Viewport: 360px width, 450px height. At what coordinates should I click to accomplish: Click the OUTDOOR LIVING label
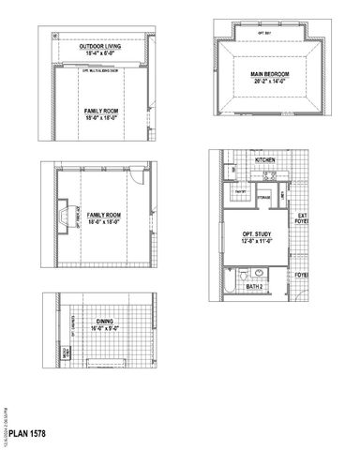98,46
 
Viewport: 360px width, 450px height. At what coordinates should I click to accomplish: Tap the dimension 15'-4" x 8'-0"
98,53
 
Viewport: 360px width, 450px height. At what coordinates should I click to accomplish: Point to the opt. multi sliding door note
98,70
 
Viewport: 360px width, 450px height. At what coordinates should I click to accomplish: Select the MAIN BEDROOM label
269,73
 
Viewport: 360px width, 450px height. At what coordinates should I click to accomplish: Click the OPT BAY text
265,32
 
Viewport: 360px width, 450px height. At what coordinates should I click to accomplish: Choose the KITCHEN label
265,160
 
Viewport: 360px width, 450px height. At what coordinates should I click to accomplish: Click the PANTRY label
240,191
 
